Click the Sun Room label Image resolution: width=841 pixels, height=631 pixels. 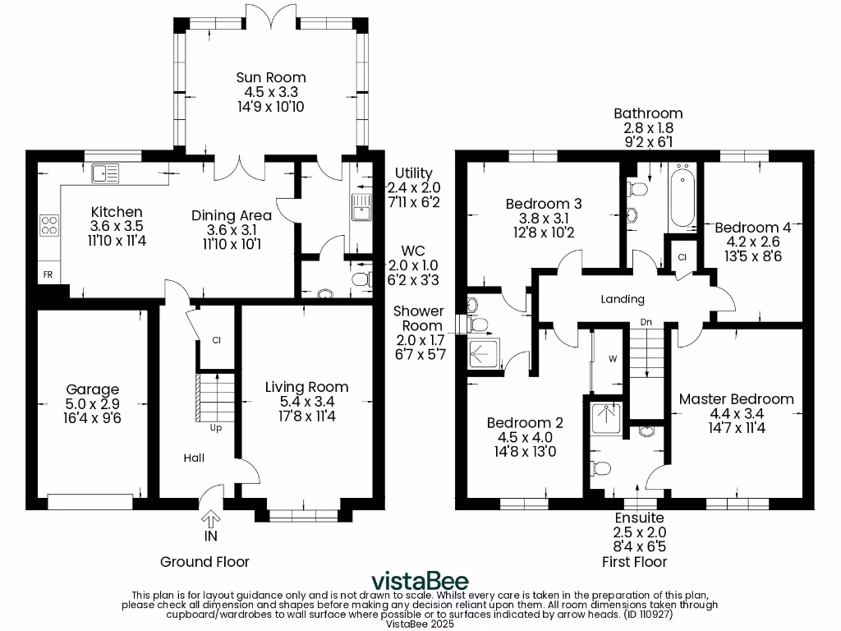point(271,77)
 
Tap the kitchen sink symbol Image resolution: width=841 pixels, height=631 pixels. point(106,173)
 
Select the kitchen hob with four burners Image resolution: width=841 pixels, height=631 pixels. point(49,225)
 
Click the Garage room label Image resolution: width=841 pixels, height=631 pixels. point(93,389)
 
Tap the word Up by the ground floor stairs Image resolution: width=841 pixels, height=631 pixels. point(217,428)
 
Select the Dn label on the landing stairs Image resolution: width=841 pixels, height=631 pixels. point(647,323)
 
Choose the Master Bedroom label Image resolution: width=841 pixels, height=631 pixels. point(736,399)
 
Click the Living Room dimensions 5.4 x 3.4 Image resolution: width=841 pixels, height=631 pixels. point(306,402)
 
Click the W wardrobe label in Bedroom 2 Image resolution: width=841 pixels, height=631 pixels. point(612,358)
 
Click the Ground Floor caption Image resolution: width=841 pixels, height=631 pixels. point(205,562)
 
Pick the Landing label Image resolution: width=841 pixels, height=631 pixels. point(623,299)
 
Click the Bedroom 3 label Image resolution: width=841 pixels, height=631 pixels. point(538,204)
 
